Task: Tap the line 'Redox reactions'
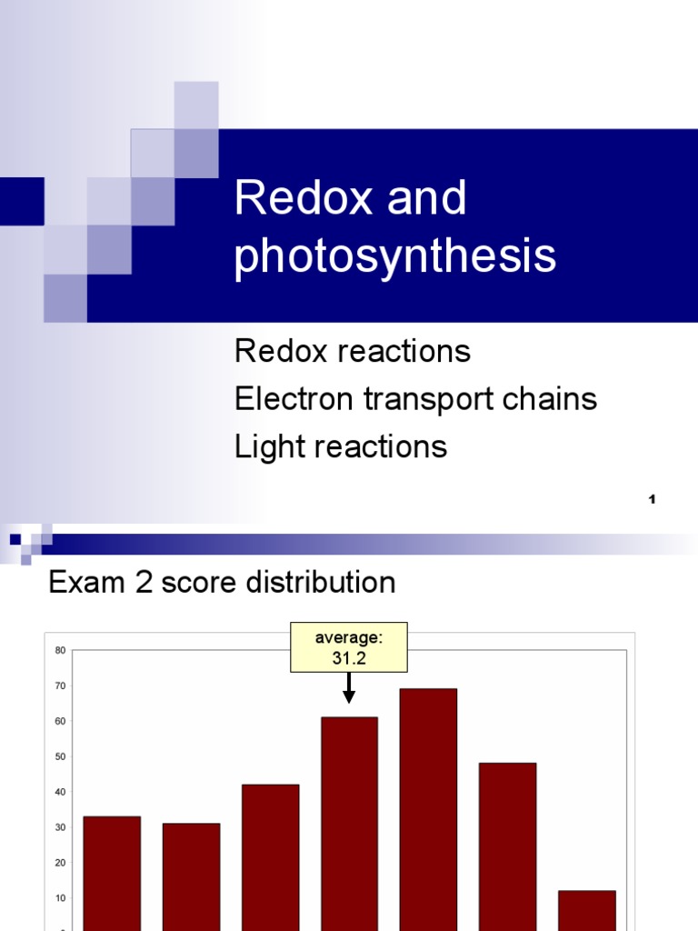353,351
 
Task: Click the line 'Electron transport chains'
415,398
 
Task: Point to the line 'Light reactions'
341,446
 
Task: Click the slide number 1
653,499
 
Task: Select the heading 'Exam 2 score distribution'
222,582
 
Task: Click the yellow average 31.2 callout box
348,647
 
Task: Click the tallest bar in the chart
428,809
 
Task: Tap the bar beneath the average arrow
349,823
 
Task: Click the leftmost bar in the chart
112,873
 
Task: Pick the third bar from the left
270,855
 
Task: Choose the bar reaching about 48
507,846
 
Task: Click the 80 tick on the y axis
60,650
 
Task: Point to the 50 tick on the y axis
60,756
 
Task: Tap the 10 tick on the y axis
60,898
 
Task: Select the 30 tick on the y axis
60,827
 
